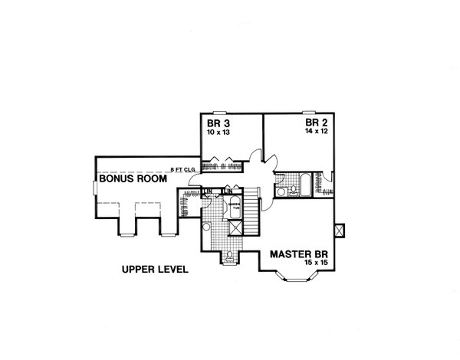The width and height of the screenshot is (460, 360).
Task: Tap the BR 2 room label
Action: click(x=315, y=122)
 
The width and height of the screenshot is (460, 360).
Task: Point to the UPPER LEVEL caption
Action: click(x=154, y=270)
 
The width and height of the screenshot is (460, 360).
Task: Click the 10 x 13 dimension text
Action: click(x=218, y=133)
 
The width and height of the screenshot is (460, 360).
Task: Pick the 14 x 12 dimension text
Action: click(x=315, y=132)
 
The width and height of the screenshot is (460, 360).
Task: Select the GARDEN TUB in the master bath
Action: click(x=232, y=206)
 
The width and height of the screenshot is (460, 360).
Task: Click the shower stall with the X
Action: click(x=236, y=228)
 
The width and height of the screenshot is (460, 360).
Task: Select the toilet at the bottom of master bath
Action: click(x=231, y=257)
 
